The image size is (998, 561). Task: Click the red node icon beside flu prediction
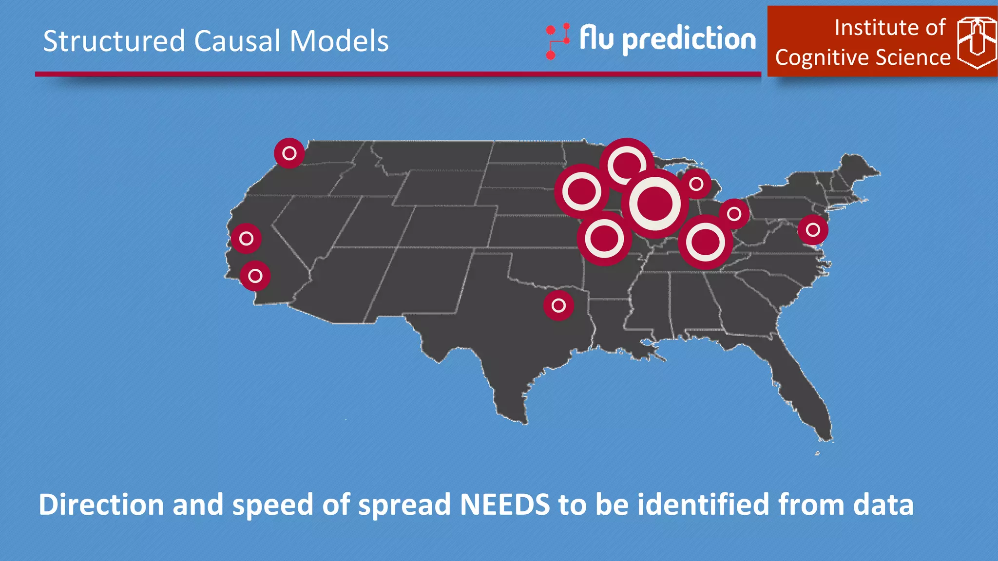click(x=557, y=41)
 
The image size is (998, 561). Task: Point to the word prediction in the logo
click(x=689, y=39)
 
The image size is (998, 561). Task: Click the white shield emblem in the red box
click(x=976, y=43)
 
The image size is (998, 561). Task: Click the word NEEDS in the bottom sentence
click(x=505, y=505)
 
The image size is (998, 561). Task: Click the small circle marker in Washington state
click(x=289, y=153)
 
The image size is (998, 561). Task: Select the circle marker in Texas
click(x=558, y=305)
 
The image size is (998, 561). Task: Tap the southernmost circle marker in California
click(x=255, y=276)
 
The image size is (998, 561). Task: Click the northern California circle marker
click(x=246, y=239)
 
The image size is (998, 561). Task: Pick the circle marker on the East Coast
click(x=812, y=229)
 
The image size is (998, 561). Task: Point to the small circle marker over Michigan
click(x=696, y=184)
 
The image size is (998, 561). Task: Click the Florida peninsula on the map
click(x=804, y=390)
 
